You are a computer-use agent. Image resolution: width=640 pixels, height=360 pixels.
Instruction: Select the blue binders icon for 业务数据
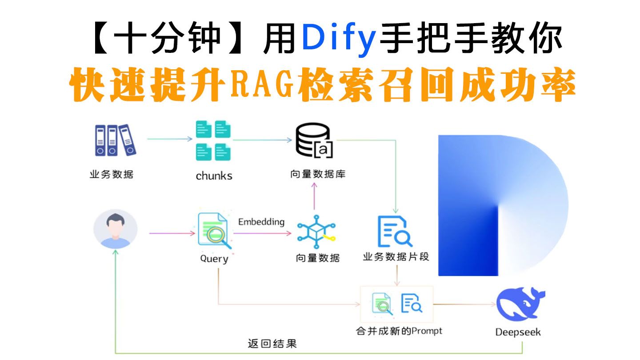(x=116, y=140)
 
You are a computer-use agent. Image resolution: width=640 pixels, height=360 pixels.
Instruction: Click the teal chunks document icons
(x=213, y=140)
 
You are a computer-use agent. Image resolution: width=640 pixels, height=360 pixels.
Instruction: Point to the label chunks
(x=214, y=176)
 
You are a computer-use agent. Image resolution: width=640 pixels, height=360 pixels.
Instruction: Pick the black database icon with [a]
(x=314, y=140)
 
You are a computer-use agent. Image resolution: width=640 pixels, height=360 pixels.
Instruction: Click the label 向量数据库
(x=318, y=174)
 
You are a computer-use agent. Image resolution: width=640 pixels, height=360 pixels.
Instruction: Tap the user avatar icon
(x=116, y=229)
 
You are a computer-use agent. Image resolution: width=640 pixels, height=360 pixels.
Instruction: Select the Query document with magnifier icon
(x=215, y=231)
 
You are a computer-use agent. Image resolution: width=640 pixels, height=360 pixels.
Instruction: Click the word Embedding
(x=261, y=222)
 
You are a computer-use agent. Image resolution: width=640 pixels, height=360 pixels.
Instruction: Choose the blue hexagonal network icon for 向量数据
(x=316, y=232)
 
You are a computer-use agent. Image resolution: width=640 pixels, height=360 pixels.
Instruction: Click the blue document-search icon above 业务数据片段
(x=395, y=232)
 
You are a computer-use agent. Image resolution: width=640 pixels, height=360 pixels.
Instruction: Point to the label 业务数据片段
(x=396, y=256)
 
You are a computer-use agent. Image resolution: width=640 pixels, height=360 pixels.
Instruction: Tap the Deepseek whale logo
(x=520, y=304)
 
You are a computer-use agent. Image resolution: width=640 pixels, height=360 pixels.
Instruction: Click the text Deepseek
(x=518, y=332)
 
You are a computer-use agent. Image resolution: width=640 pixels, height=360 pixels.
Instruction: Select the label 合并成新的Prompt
(x=399, y=331)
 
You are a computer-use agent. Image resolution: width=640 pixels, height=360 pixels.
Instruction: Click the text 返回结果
(x=272, y=344)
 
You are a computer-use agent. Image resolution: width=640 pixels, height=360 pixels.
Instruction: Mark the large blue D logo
(x=503, y=205)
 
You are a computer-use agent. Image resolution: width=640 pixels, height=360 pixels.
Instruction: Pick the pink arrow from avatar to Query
(x=172, y=233)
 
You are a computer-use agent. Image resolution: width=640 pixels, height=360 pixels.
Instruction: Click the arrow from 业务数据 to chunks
(x=170, y=139)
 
